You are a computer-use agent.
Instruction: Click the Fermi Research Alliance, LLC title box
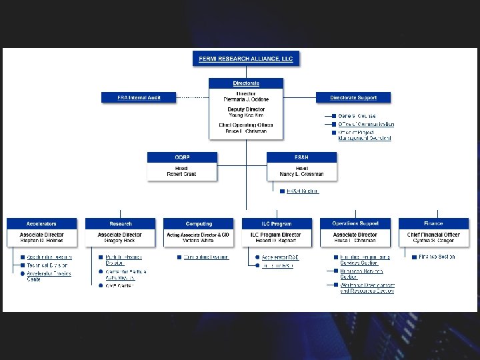tap(246, 59)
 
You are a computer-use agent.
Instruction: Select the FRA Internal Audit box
tap(139, 97)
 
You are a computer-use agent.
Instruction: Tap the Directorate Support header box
tap(353, 97)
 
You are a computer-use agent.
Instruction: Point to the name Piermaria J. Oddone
tap(246, 99)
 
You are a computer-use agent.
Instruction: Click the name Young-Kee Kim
tap(246, 115)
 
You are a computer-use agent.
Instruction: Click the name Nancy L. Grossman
tap(301, 174)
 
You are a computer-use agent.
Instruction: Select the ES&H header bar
tap(301, 157)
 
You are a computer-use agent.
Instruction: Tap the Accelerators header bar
tap(41, 223)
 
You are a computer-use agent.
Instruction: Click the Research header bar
tap(120, 223)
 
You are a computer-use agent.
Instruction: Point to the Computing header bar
tap(199, 223)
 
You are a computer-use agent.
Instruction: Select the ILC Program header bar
tap(276, 223)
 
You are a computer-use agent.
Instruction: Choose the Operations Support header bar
tap(355, 223)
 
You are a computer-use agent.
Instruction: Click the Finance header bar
tap(433, 223)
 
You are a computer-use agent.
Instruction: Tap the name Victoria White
tap(199, 241)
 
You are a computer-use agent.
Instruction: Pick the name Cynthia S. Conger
tap(433, 241)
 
